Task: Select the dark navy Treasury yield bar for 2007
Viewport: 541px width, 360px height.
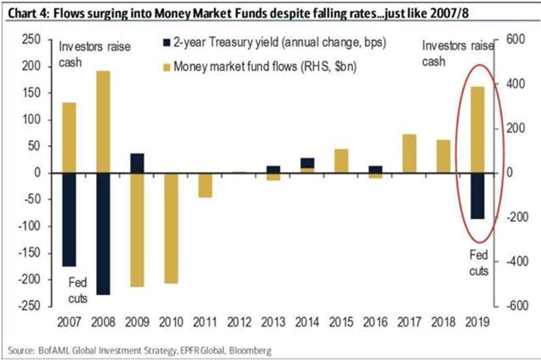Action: pos(69,219)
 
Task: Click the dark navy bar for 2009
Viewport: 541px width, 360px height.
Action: pos(137,163)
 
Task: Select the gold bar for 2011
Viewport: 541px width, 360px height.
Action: pos(206,185)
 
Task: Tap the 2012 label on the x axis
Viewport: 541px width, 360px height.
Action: pos(240,323)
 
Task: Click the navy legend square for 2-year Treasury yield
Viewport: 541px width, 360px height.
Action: pos(166,44)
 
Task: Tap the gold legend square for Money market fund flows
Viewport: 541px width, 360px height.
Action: pos(166,67)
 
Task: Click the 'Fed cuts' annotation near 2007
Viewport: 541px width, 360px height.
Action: pos(78,291)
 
